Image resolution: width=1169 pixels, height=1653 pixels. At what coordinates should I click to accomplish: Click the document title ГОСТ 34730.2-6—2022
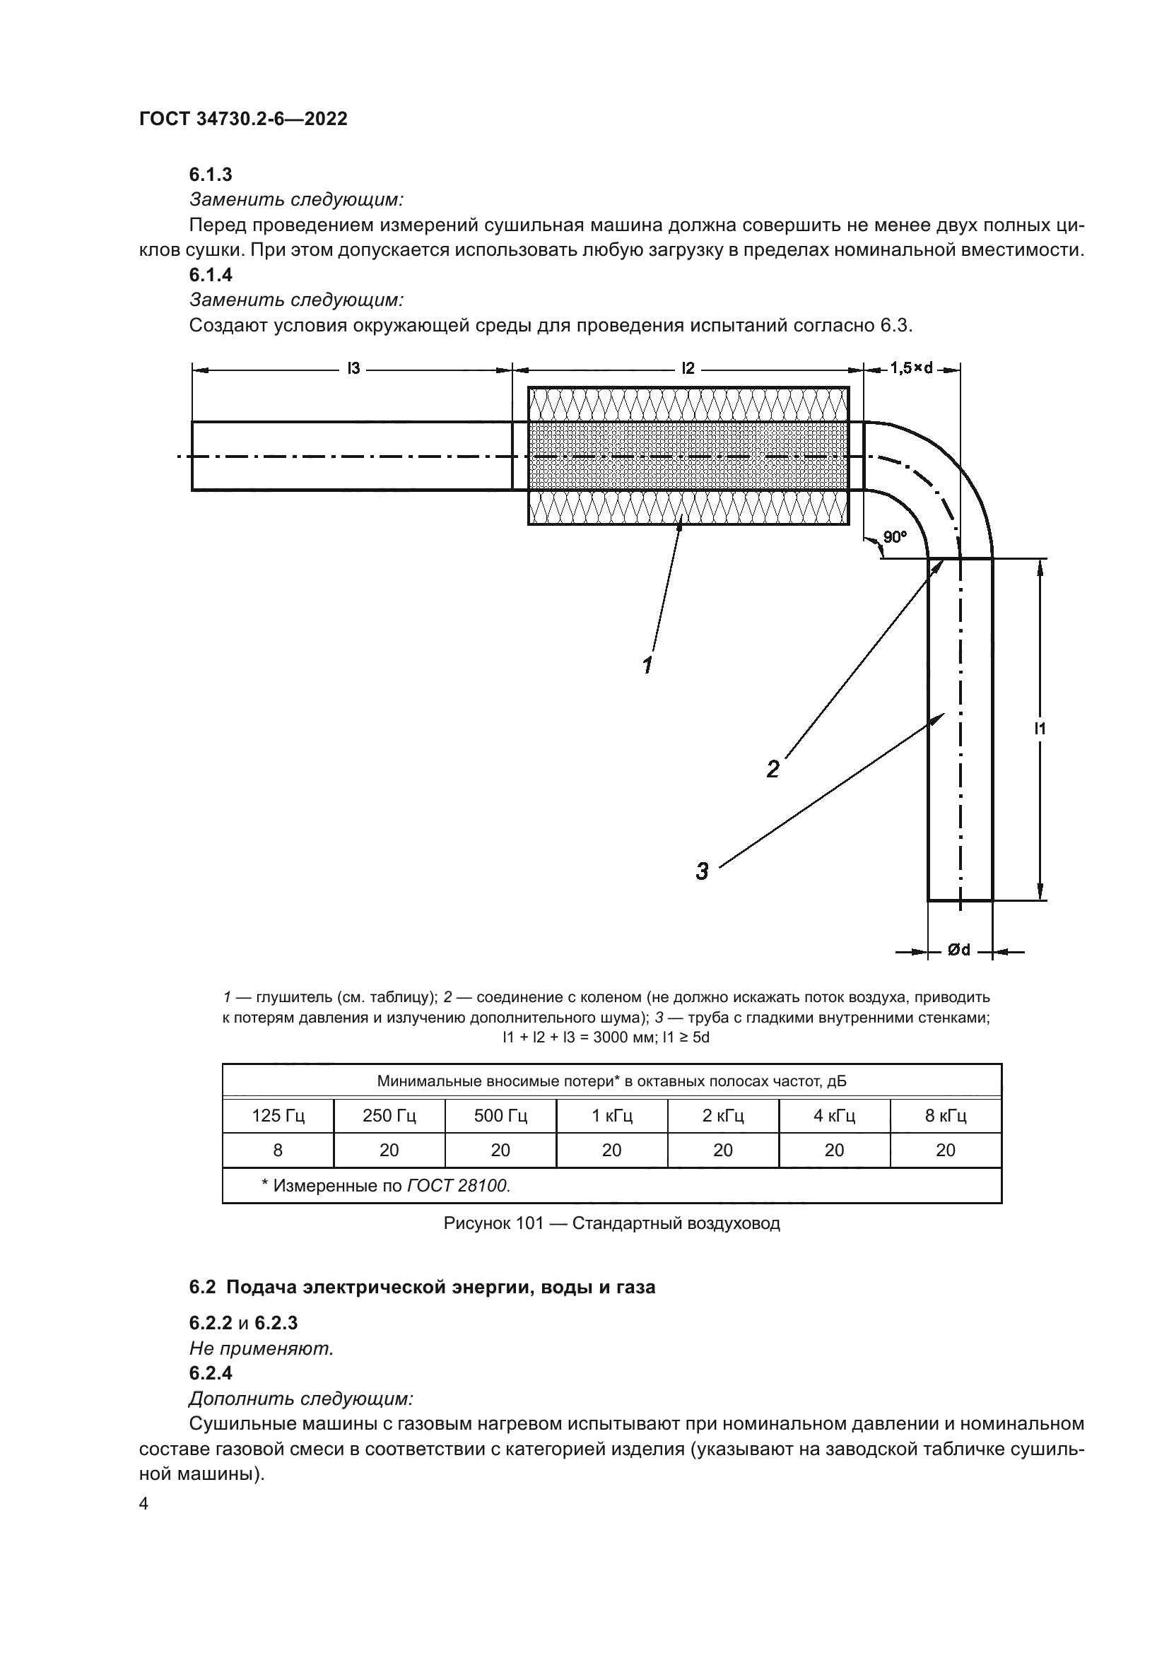click(x=242, y=119)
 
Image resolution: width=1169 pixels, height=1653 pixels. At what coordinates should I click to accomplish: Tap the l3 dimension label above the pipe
click(x=353, y=369)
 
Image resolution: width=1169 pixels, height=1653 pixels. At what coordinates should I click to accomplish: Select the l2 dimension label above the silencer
click(x=688, y=369)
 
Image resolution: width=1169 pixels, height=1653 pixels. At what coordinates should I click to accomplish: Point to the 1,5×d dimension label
click(x=911, y=368)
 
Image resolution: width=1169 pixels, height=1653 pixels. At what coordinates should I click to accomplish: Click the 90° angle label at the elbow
click(x=895, y=536)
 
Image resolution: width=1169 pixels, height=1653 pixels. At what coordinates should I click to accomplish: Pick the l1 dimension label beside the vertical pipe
click(x=1040, y=729)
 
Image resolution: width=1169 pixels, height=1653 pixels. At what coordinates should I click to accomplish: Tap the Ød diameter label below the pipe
click(x=958, y=950)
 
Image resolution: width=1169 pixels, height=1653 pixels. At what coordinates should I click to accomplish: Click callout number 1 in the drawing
click(x=647, y=664)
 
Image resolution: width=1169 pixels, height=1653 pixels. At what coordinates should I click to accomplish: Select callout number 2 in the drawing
click(x=773, y=769)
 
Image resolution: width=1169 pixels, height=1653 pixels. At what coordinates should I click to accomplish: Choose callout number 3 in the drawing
click(x=702, y=871)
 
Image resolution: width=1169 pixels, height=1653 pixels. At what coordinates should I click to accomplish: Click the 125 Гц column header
click(x=278, y=1116)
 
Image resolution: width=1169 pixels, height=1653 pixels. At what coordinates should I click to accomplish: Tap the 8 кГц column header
click(x=945, y=1116)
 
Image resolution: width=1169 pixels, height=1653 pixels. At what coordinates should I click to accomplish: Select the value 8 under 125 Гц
click(x=278, y=1151)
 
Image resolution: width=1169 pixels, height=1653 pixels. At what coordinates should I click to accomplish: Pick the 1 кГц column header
click(x=612, y=1116)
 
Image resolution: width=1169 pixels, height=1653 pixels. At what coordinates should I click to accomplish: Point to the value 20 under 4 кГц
click(x=834, y=1151)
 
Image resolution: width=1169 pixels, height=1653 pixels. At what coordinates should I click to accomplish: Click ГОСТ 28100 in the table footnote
click(x=458, y=1185)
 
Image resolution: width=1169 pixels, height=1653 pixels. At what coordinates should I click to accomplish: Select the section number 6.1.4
click(x=210, y=275)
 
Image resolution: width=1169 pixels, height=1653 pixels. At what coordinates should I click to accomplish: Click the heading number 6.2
click(x=202, y=1286)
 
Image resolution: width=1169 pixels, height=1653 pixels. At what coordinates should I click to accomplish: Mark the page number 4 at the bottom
click(x=143, y=1504)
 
